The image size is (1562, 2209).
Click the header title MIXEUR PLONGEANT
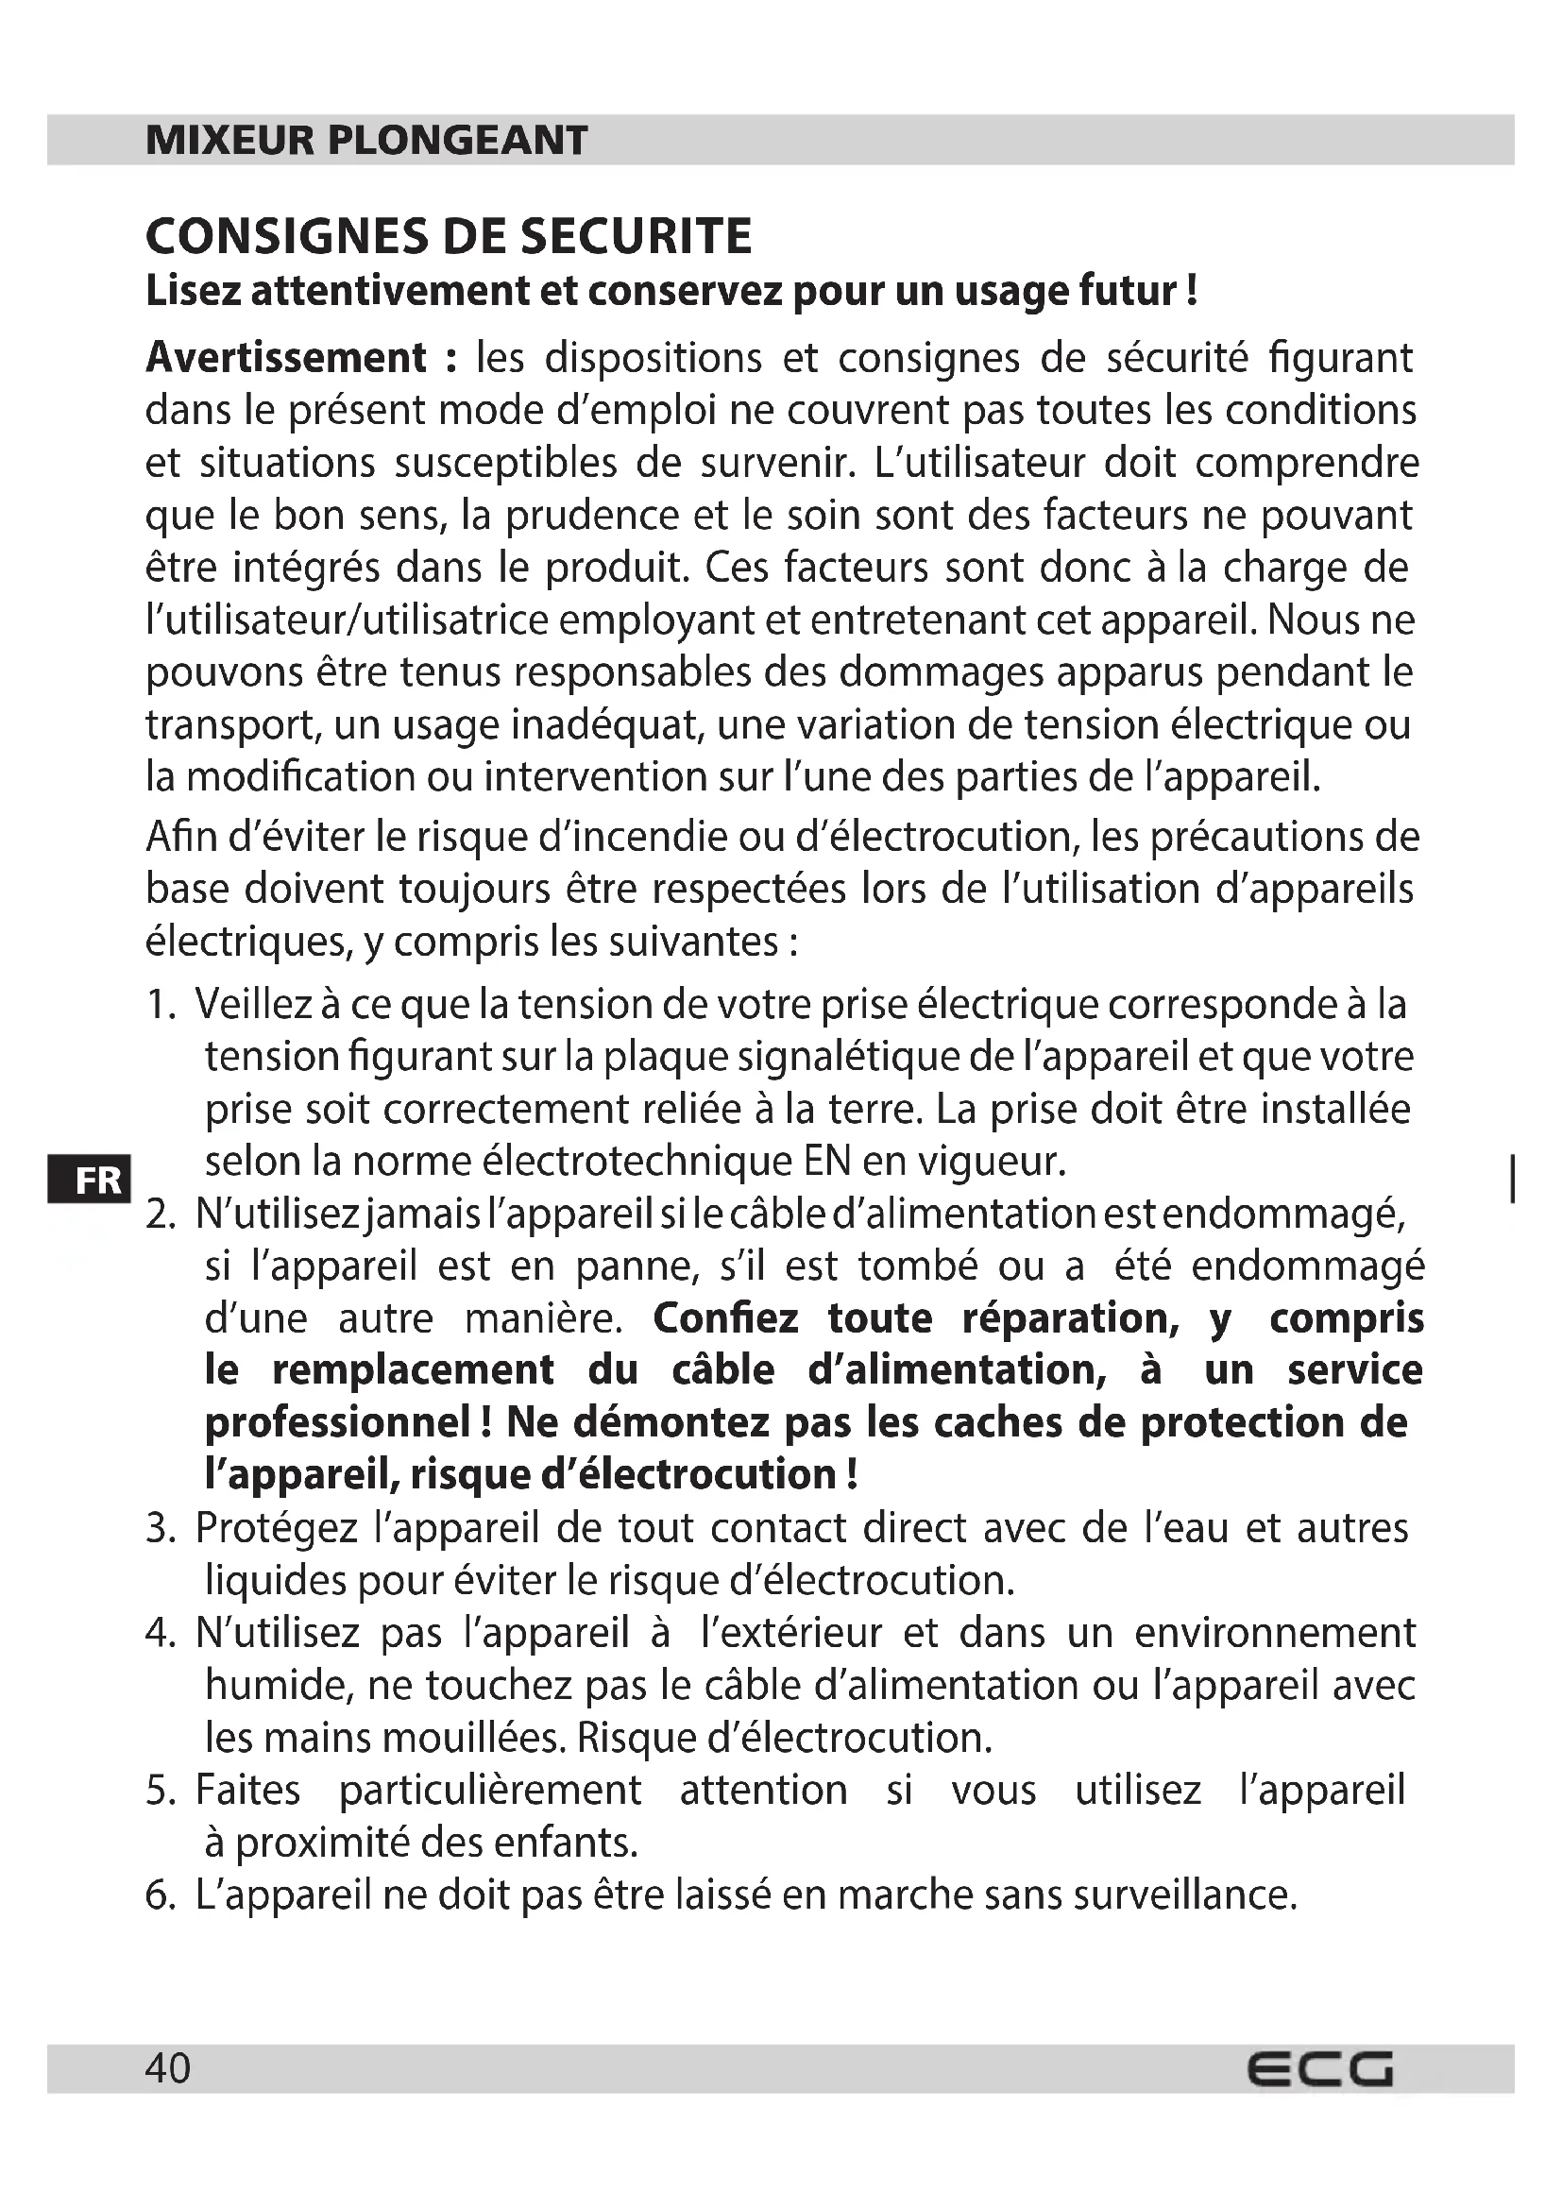(x=365, y=141)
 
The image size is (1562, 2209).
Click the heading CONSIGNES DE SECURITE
(x=449, y=237)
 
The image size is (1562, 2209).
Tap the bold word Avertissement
(x=285, y=358)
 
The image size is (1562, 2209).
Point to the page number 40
(x=168, y=2066)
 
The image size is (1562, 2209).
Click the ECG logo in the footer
(x=1319, y=2068)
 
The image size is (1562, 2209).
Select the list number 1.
(x=160, y=1006)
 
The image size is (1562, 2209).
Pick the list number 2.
(x=160, y=1215)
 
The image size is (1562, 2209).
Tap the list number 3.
(x=160, y=1528)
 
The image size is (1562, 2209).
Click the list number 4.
(x=160, y=1633)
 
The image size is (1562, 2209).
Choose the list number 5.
(x=160, y=1791)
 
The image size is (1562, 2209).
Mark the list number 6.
(x=160, y=1895)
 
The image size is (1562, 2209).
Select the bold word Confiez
(x=725, y=1318)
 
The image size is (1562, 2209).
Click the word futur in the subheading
(x=1127, y=291)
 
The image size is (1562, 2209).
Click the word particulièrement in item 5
(x=489, y=1791)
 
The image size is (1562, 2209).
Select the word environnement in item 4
(x=1274, y=1633)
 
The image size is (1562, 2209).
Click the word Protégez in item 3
(x=276, y=1528)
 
